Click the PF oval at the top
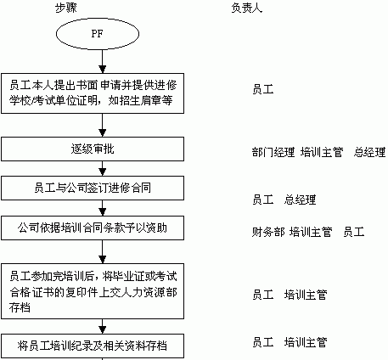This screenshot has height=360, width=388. click(x=98, y=34)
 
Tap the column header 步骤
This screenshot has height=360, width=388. click(x=66, y=8)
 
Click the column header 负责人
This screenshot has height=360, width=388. click(x=247, y=8)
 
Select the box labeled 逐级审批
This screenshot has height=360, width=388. click(x=93, y=149)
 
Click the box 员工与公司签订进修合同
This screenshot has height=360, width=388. click(x=93, y=188)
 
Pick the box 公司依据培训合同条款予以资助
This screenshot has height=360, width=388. click(x=93, y=228)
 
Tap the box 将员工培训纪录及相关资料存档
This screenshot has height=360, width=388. click(x=93, y=346)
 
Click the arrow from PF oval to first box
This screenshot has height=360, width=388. click(x=103, y=62)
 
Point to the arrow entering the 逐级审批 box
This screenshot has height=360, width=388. click(x=103, y=126)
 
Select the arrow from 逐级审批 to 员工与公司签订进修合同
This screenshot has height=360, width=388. click(x=103, y=169)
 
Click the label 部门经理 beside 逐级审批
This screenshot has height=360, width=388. click(x=273, y=152)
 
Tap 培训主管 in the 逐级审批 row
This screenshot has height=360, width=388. click(x=322, y=152)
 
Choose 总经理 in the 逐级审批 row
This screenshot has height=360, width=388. click(x=369, y=152)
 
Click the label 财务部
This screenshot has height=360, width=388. click(x=268, y=232)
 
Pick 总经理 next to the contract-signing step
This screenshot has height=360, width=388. click(x=300, y=200)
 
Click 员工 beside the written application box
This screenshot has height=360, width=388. click(x=263, y=89)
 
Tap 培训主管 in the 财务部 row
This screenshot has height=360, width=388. click(x=311, y=232)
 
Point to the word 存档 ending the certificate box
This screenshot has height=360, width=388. click(x=20, y=307)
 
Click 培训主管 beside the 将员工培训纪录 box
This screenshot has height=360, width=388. click(x=306, y=342)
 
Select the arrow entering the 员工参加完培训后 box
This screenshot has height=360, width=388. click(x=103, y=252)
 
